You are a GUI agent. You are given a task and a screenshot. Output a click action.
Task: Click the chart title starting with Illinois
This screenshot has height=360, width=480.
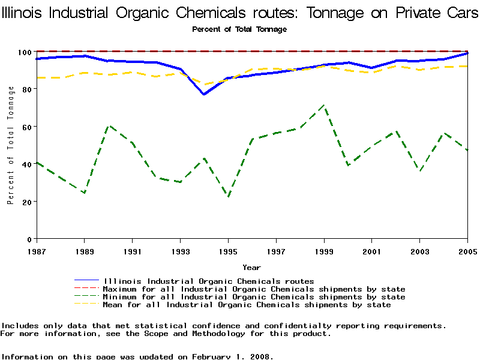point(240,13)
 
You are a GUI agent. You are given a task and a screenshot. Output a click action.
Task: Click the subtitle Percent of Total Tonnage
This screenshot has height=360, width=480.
point(239,29)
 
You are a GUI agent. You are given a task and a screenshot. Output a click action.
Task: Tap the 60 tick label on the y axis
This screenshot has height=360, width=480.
point(27,127)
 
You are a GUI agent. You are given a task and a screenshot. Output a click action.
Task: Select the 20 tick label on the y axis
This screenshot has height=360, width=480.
point(27,202)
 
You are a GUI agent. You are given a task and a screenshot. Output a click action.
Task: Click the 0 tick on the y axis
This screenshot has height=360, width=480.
point(31,239)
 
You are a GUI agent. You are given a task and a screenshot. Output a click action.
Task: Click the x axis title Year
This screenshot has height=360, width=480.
point(251,267)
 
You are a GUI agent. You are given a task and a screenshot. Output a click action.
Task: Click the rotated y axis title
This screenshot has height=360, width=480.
point(11,145)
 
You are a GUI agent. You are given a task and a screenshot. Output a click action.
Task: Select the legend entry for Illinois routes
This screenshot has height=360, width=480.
point(208,281)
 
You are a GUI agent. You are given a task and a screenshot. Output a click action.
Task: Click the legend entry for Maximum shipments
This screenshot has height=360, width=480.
point(254,289)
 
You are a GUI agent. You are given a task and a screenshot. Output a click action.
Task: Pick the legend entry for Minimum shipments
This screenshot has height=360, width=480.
point(254,297)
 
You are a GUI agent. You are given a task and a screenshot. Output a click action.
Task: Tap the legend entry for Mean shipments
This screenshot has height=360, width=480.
point(247,305)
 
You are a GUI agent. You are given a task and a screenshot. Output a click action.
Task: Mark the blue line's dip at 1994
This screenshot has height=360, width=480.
point(204,94)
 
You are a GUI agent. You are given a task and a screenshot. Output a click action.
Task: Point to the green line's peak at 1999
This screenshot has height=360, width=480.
point(324,106)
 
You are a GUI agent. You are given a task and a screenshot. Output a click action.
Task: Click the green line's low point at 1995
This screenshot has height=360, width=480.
point(228,196)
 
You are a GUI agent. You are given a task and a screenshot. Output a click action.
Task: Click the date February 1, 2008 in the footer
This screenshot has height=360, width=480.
point(231,356)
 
